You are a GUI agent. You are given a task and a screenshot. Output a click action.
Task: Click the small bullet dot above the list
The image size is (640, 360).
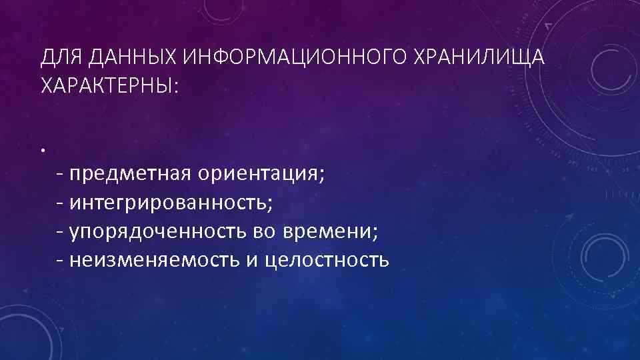pos(41,150)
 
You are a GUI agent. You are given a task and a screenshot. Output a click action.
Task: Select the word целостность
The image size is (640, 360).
pos(327,259)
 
